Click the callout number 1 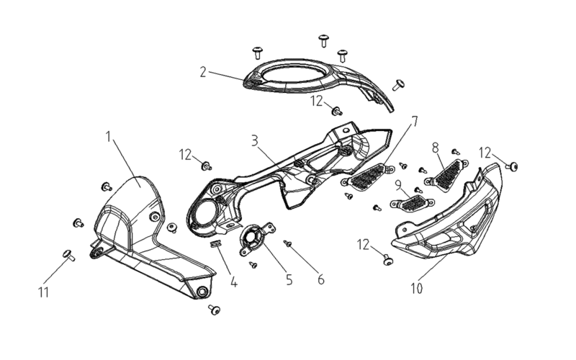coord(108,137)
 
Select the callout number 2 coord(203,72)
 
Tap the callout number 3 coord(255,140)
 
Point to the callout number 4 coord(233,282)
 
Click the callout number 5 coord(289,279)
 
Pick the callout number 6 coord(321,279)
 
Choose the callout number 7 coord(415,121)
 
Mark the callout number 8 coord(436,148)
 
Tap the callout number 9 coord(399,185)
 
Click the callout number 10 coord(417,289)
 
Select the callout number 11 coord(43,292)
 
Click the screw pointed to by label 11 coord(68,255)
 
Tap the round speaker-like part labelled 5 coord(256,239)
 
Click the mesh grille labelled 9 coord(412,203)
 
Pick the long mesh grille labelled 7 coord(368,176)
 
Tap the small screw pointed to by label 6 coord(287,243)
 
